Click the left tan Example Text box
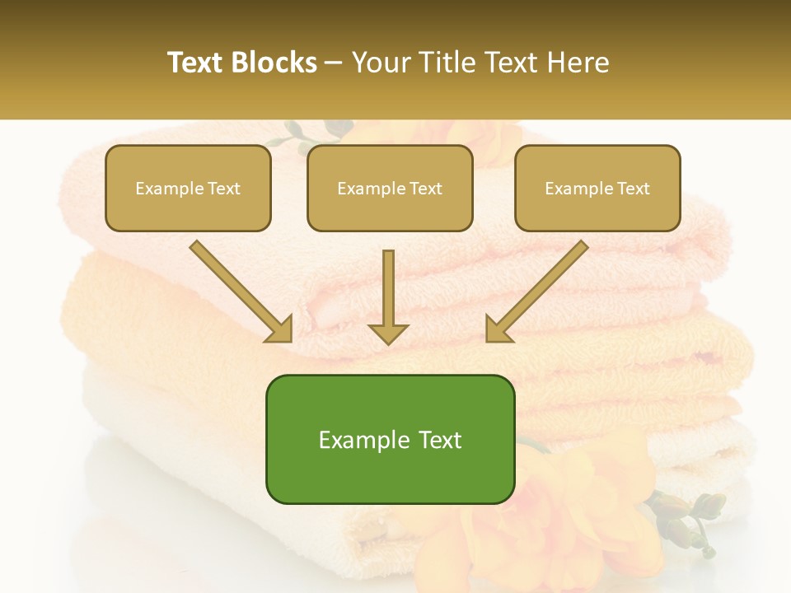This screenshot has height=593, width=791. (x=188, y=189)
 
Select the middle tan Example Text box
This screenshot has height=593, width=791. (x=390, y=189)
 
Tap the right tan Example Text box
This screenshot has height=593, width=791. (x=597, y=189)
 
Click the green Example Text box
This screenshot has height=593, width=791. (x=390, y=440)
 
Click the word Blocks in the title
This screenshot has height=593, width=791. (x=274, y=63)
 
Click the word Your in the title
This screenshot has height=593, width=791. (x=381, y=63)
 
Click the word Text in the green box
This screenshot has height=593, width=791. (x=439, y=440)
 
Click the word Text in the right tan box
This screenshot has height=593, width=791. (x=634, y=189)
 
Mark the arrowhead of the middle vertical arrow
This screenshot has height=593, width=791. (x=388, y=333)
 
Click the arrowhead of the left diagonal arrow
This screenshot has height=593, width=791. (x=280, y=330)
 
